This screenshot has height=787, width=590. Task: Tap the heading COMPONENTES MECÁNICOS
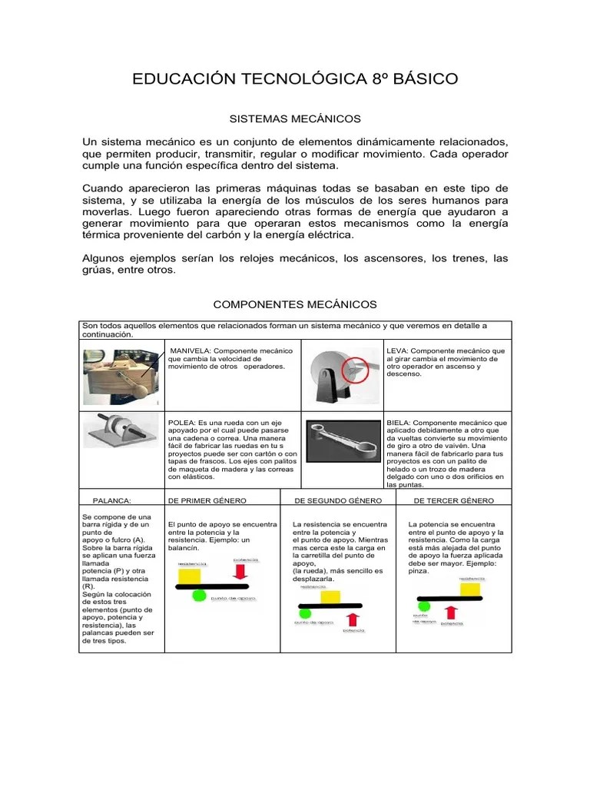click(x=294, y=304)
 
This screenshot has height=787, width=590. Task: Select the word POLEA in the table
click(x=181, y=423)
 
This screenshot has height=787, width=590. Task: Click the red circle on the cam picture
click(x=355, y=371)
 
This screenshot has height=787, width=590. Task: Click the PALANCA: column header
click(x=112, y=500)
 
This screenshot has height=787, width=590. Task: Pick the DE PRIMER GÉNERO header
click(x=207, y=500)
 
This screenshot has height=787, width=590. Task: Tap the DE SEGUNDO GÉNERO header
click(x=333, y=500)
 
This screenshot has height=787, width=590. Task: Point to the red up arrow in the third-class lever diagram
click(x=451, y=612)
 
